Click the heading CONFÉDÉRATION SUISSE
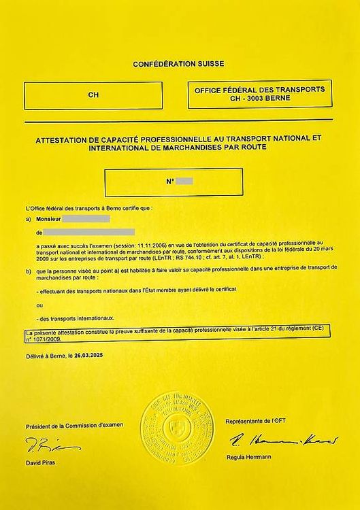pyautogui.click(x=180, y=64)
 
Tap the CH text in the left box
pyautogui.click(x=93, y=95)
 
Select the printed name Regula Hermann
pyautogui.click(x=248, y=457)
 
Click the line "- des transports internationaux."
pyautogui.click(x=76, y=318)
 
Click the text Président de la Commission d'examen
pyautogui.click(x=74, y=426)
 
